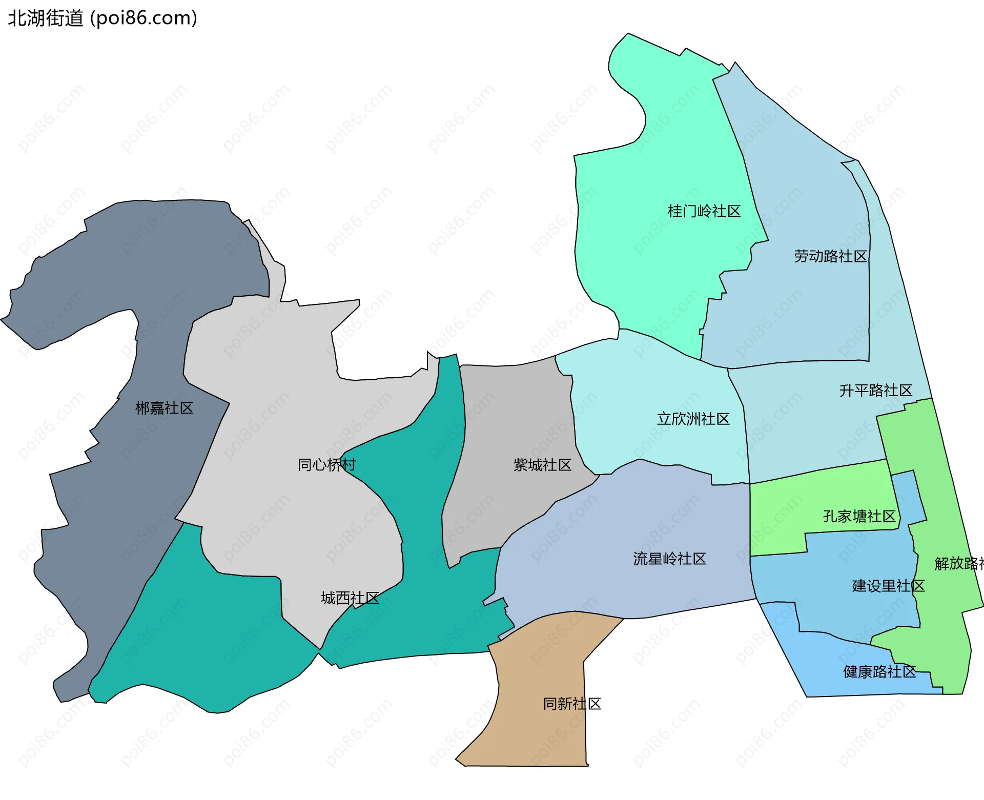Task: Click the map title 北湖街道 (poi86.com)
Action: (102, 18)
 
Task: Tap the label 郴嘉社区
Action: (164, 408)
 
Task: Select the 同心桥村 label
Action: (326, 465)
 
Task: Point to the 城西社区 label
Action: (350, 598)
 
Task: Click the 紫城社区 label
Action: (542, 465)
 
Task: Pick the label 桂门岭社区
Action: (704, 211)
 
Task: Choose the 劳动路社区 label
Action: (830, 256)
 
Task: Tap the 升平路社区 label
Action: (875, 391)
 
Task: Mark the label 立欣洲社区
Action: (693, 419)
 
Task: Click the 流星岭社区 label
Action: (669, 559)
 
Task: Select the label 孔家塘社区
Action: (859, 516)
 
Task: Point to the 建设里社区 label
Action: (888, 586)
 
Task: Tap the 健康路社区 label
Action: (879, 671)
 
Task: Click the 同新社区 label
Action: (572, 704)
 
